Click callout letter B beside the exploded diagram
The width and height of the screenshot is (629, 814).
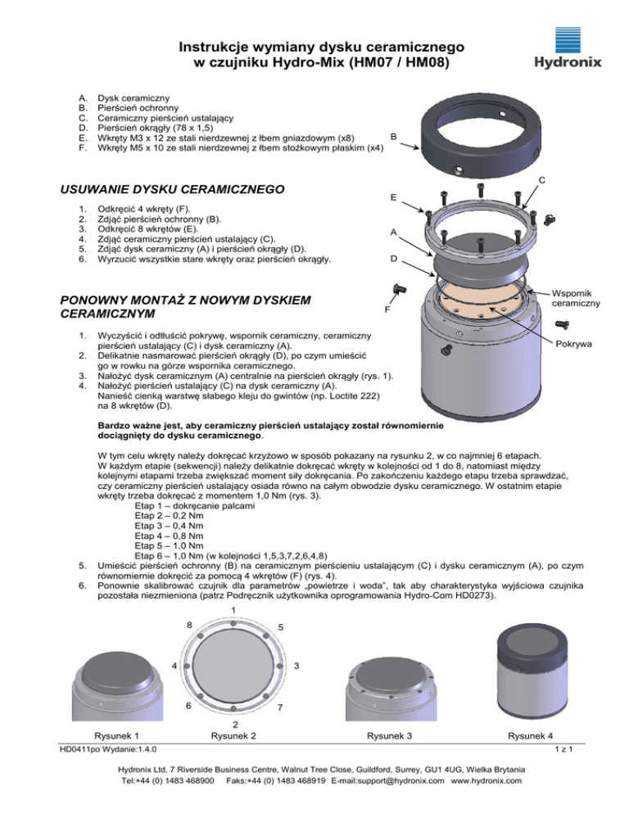tap(394, 136)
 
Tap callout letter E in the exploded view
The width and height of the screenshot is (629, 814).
tap(394, 197)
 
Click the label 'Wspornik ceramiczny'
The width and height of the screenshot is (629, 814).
tap(577, 298)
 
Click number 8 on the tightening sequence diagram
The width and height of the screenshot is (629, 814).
tap(189, 625)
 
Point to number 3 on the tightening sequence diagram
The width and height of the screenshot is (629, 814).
tap(296, 665)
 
